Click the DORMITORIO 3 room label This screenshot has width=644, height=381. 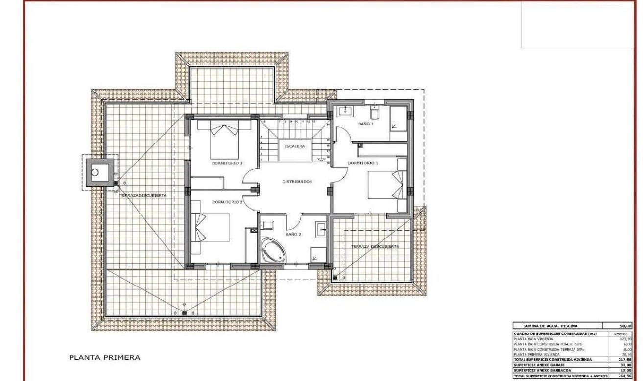(x=227, y=163)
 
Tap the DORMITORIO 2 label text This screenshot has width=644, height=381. (x=227, y=202)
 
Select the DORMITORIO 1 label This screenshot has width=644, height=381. (x=363, y=163)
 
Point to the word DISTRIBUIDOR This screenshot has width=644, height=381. (x=297, y=182)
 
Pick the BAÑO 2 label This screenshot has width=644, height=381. (x=293, y=235)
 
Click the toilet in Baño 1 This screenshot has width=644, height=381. (x=375, y=114)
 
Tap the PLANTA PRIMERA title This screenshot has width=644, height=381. (x=104, y=357)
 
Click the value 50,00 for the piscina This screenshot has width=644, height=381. (x=625, y=325)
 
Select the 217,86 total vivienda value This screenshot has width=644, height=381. (x=625, y=359)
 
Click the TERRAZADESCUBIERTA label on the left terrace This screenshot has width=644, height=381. (x=143, y=195)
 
